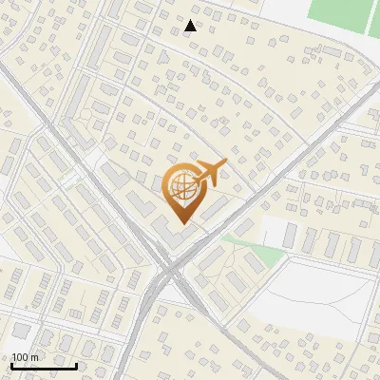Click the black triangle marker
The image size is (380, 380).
[191, 26]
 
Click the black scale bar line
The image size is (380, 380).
[44, 365]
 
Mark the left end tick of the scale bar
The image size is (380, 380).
[11, 363]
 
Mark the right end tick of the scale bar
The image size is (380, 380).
[76, 363]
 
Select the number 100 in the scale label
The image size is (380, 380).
[20, 357]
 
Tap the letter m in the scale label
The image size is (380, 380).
[34, 357]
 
